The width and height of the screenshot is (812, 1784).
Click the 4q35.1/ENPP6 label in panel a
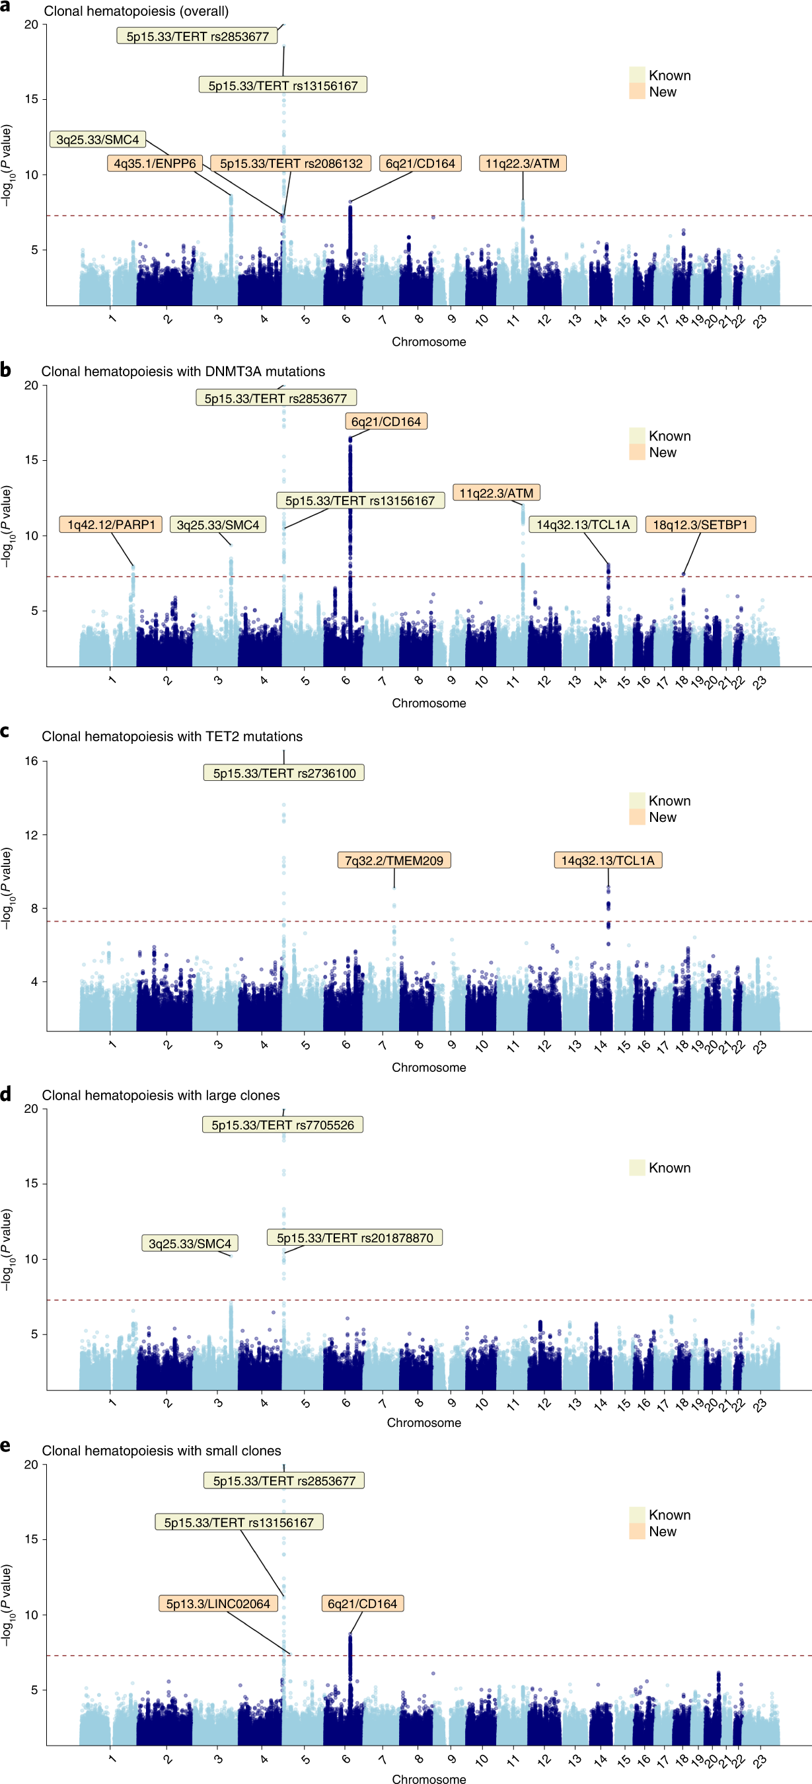point(155,163)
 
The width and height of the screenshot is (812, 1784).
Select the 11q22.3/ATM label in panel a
point(522,163)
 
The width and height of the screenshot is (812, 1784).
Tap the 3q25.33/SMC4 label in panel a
point(98,140)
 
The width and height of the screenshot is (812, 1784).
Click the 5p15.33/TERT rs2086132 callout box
point(291,163)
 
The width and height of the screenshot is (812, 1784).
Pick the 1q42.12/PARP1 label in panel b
point(111,524)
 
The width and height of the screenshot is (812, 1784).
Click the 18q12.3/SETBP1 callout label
point(700,524)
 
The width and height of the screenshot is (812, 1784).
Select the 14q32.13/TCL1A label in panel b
point(583,524)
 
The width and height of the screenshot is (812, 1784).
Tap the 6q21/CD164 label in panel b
point(386,421)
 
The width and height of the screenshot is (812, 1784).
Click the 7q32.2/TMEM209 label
point(394,860)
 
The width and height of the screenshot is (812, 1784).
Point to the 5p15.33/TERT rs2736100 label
point(284,773)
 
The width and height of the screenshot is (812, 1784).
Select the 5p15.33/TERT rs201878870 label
point(354,1238)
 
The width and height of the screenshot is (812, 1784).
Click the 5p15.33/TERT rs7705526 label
point(282,1125)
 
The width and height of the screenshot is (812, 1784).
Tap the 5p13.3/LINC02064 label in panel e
point(218,1603)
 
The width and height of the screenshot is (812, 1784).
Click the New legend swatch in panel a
point(637,91)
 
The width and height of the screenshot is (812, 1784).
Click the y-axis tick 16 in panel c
point(31,761)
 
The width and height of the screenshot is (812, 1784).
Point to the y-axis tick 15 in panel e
point(31,1539)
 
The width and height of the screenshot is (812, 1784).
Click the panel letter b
point(5,370)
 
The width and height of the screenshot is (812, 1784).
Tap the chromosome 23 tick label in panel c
point(760,1047)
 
